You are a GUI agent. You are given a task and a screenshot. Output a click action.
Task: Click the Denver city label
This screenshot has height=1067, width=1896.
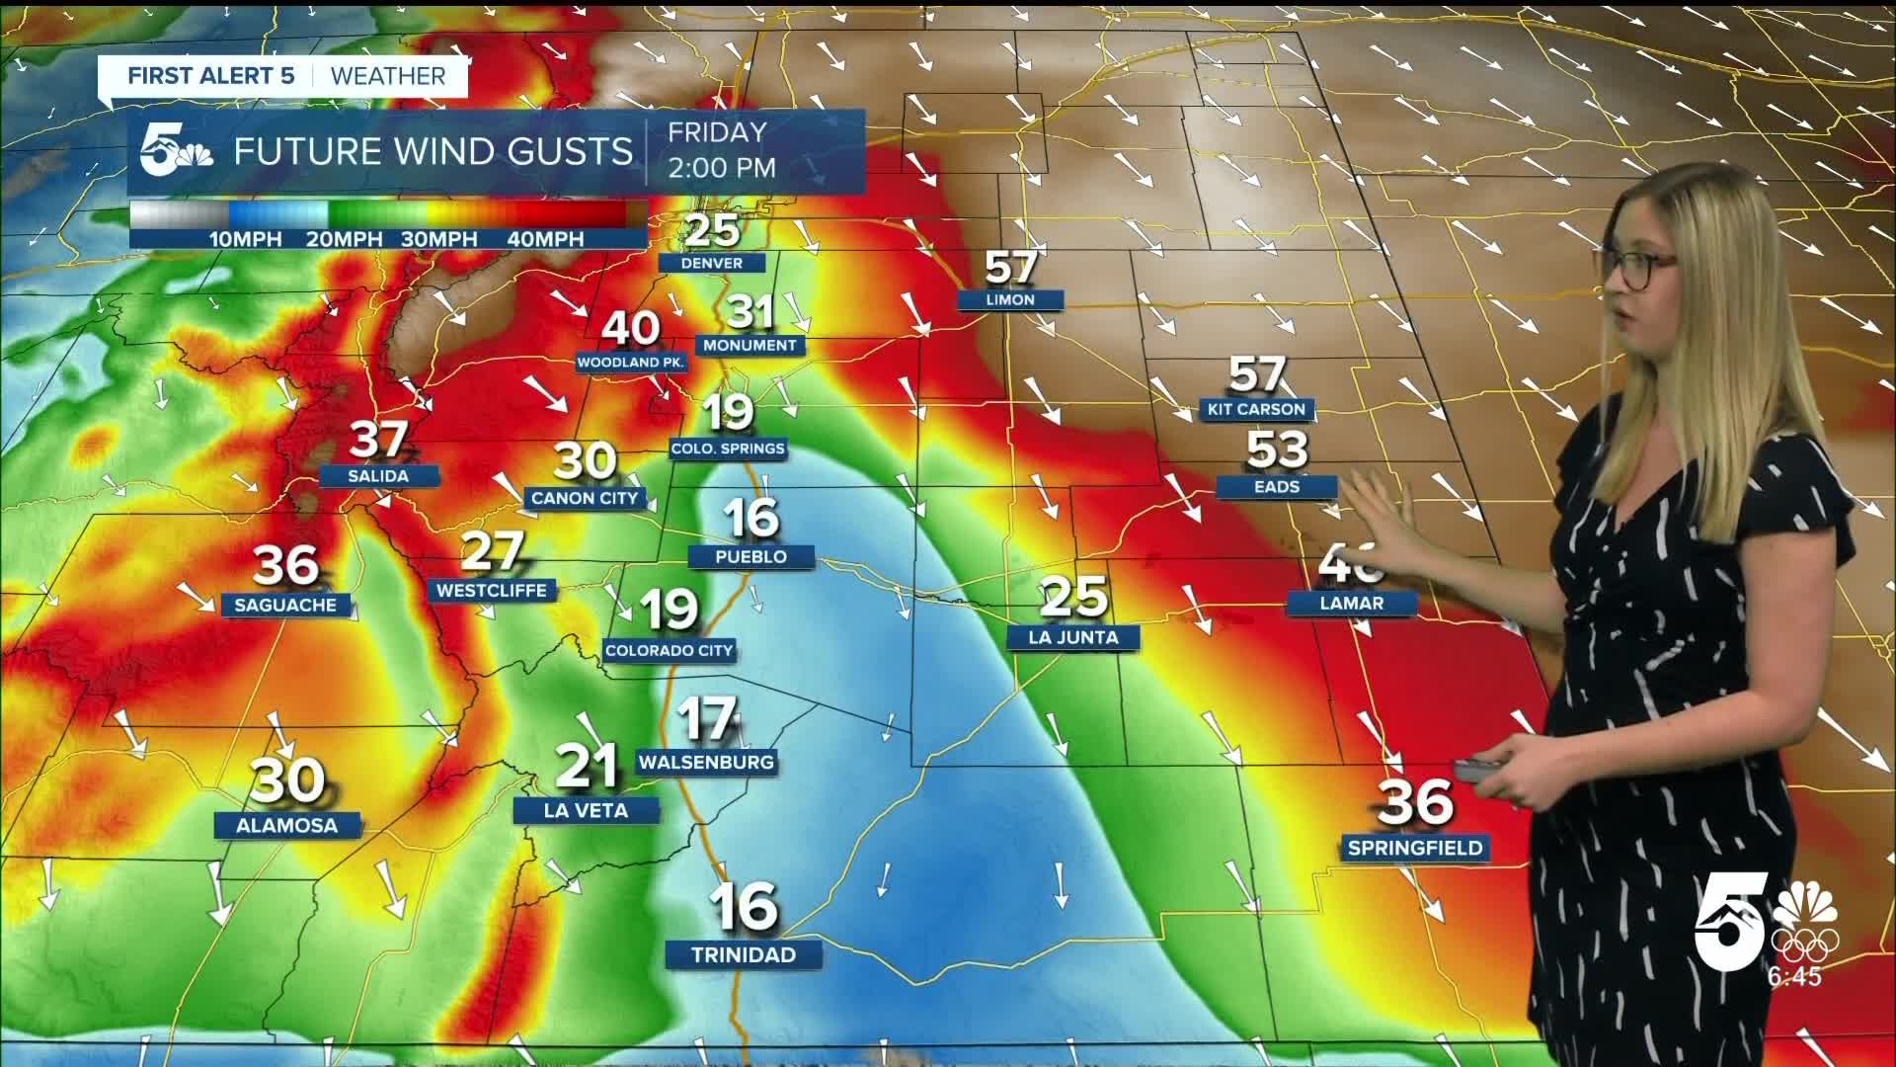(x=712, y=263)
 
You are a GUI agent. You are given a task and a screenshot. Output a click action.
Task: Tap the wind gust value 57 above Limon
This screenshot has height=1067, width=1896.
(x=1010, y=266)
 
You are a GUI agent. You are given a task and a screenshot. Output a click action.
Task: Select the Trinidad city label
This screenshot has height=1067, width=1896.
(x=744, y=954)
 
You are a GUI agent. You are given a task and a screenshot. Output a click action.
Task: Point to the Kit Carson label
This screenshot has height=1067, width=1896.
(x=1256, y=409)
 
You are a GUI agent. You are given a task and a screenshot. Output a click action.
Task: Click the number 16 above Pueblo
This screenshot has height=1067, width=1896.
(x=750, y=517)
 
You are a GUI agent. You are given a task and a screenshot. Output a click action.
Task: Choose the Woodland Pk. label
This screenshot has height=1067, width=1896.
(x=630, y=363)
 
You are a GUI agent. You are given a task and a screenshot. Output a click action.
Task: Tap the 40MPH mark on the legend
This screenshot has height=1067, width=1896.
(x=545, y=239)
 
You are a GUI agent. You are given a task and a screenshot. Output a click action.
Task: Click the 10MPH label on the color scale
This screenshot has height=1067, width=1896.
(x=245, y=239)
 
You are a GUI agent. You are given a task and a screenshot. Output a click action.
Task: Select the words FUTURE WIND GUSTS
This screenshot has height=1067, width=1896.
(x=433, y=151)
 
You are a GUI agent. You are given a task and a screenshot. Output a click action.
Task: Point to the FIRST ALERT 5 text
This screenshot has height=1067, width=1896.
(x=211, y=76)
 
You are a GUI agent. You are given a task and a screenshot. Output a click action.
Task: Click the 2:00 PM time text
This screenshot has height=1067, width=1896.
(x=722, y=168)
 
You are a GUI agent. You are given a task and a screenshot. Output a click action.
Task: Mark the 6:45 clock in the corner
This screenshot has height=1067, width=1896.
(x=1794, y=976)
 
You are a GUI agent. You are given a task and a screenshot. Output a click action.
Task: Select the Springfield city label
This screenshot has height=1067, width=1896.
(x=1414, y=848)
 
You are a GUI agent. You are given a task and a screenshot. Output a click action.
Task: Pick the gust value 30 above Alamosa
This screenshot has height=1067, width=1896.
(x=287, y=780)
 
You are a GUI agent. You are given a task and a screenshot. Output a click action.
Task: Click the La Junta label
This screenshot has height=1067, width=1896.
(x=1073, y=637)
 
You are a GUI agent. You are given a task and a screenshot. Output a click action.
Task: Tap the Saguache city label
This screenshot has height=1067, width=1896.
(x=285, y=605)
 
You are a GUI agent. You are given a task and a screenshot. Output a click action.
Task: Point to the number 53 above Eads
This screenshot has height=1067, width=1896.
(x=1277, y=450)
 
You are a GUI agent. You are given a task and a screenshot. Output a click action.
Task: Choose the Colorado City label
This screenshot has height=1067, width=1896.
(x=669, y=650)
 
